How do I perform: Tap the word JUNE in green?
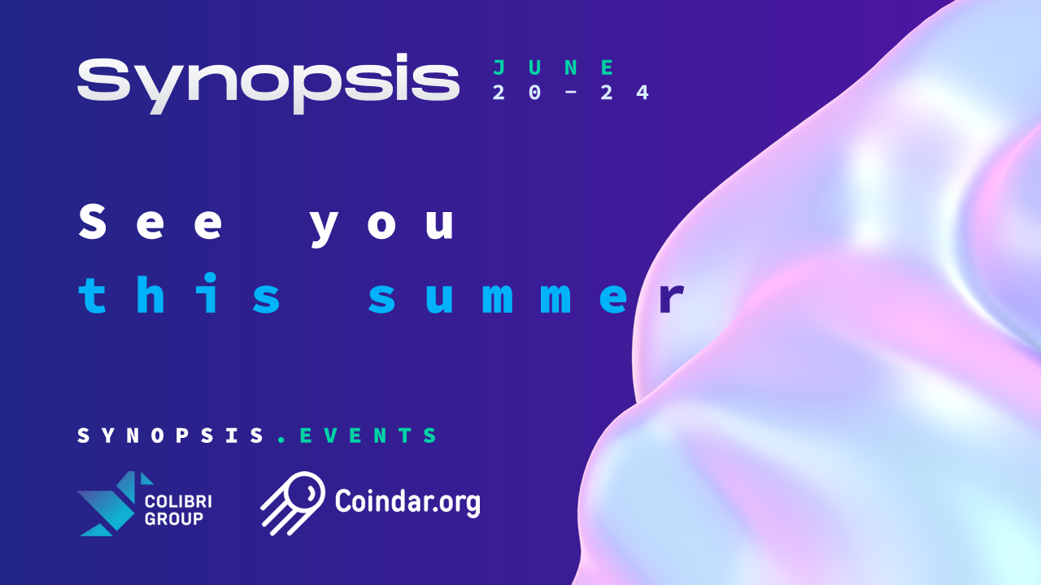(x=554, y=67)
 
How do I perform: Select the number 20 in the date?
(x=516, y=93)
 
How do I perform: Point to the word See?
(x=150, y=223)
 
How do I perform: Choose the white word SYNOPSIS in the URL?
(x=171, y=435)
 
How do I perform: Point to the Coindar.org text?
(x=407, y=502)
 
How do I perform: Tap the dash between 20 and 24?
(x=571, y=93)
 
